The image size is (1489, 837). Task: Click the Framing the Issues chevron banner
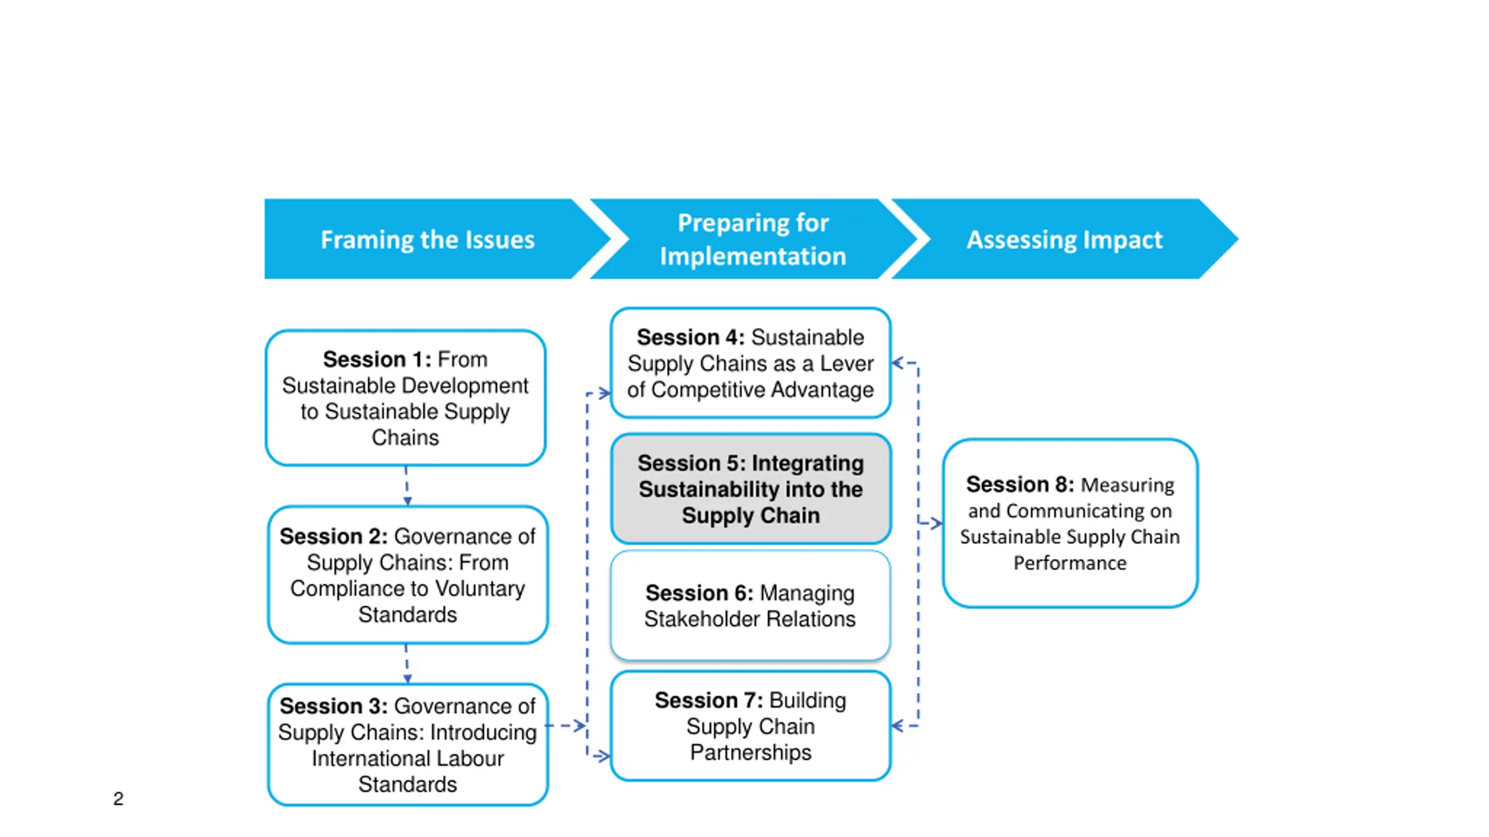point(428,239)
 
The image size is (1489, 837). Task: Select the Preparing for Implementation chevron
point(753,239)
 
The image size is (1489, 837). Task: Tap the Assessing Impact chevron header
point(1064,239)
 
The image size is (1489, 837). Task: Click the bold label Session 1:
point(377,360)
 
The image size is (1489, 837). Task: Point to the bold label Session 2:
point(333,536)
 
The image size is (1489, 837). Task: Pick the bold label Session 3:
point(333,706)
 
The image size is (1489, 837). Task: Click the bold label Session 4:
point(690,338)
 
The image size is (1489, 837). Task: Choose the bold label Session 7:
point(708,701)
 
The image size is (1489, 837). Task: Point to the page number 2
point(118,799)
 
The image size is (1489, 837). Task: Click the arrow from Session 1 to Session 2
point(407,487)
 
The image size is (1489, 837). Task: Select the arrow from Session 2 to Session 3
point(407,664)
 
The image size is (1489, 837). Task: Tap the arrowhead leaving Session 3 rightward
point(579,725)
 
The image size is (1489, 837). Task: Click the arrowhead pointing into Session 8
point(935,523)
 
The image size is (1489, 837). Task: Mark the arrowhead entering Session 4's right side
point(898,363)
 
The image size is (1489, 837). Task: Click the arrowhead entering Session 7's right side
point(898,725)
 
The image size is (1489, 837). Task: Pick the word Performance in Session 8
point(1070,563)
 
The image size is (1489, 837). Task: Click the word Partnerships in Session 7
point(750,753)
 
